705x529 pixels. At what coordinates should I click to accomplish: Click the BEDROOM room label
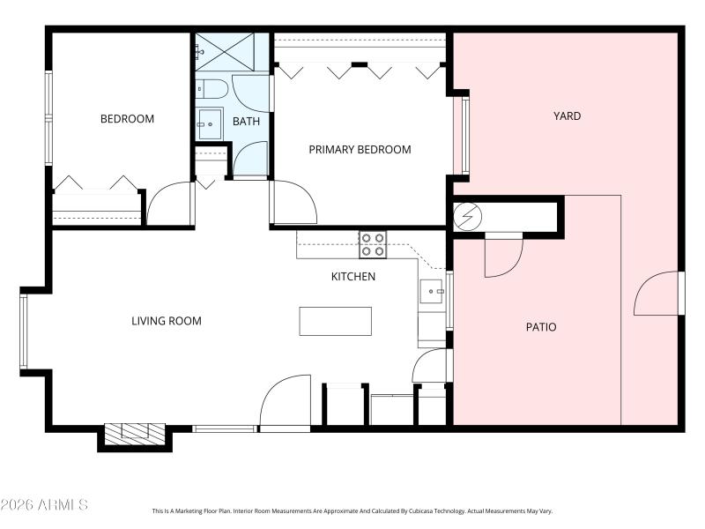click(x=127, y=119)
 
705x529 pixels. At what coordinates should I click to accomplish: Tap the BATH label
click(x=246, y=121)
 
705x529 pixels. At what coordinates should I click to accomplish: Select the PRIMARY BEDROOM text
click(x=360, y=149)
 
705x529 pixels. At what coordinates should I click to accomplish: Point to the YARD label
click(x=567, y=115)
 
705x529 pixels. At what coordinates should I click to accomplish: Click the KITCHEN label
click(x=352, y=276)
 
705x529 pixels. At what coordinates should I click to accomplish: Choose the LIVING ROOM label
click(x=166, y=320)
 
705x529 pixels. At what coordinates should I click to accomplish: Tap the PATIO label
click(x=541, y=326)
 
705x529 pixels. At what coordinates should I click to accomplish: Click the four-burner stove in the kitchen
click(x=372, y=244)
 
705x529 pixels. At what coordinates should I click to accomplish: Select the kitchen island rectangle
click(x=335, y=321)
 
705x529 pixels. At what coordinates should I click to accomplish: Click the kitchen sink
click(x=432, y=292)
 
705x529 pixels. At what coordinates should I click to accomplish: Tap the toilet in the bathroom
click(x=210, y=88)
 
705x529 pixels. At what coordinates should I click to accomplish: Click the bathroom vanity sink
click(x=209, y=124)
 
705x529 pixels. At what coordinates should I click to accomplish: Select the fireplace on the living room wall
click(x=135, y=432)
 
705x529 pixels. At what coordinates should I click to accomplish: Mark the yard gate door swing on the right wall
click(x=657, y=294)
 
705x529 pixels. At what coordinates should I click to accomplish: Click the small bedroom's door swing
click(x=169, y=205)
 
